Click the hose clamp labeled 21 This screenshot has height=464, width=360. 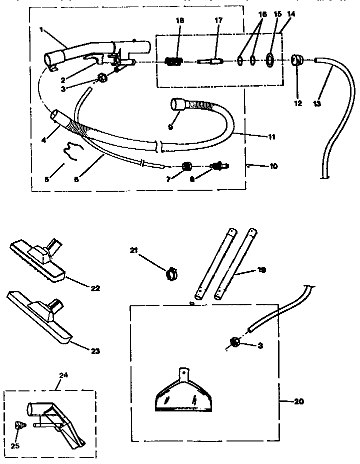click(172, 273)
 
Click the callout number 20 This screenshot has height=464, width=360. click(298, 401)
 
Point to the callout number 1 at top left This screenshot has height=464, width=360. click(41, 30)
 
